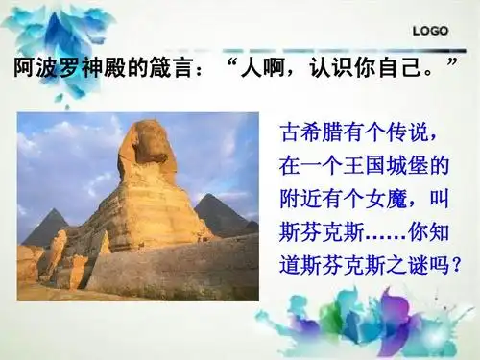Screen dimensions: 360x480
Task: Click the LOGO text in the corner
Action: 431,31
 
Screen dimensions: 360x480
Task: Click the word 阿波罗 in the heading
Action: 44,68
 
